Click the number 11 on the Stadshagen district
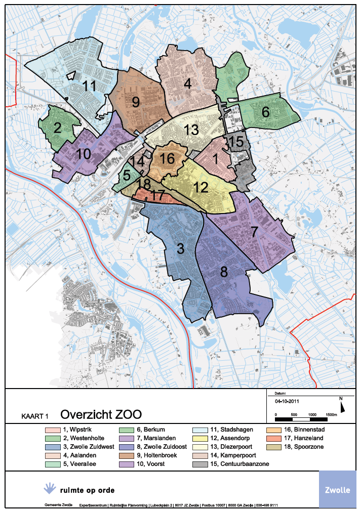point(89,86)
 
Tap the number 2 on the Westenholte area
point(58,128)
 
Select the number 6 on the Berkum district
point(265,112)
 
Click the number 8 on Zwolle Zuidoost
point(223,272)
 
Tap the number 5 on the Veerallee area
point(126,175)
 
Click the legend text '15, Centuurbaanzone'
point(242,464)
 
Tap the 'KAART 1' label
point(34,416)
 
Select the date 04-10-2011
point(286,400)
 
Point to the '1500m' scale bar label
point(331,414)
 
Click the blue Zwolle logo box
point(337,489)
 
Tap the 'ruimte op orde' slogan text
point(87,490)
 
